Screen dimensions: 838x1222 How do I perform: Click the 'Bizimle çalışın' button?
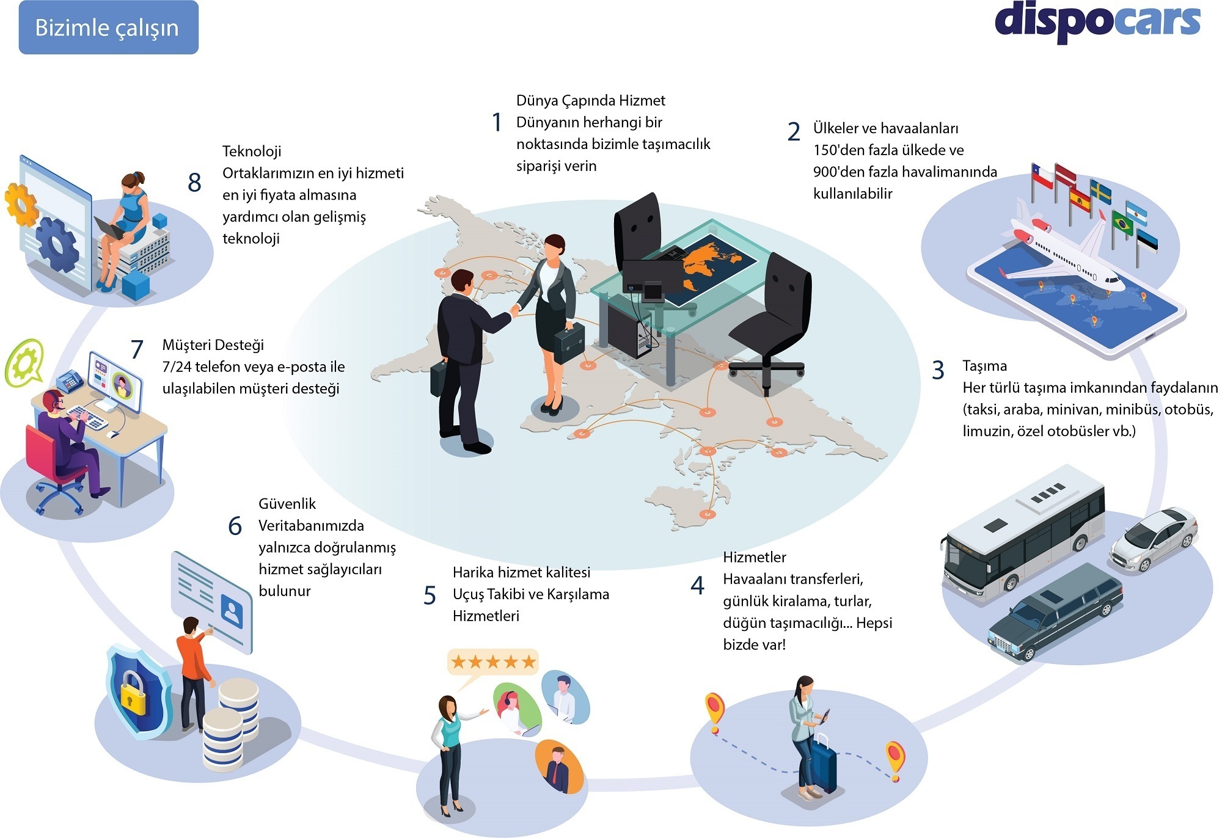click(108, 27)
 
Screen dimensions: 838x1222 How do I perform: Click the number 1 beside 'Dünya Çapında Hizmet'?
click(497, 122)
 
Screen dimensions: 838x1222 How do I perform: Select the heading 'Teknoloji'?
click(252, 151)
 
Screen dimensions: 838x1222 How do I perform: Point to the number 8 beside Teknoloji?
click(194, 183)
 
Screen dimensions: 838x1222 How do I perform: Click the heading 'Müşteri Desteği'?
click(213, 345)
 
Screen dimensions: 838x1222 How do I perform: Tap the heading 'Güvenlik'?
click(287, 504)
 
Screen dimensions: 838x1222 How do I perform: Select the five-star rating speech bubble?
click(492, 661)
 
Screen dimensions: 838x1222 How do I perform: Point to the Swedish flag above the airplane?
click(1100, 192)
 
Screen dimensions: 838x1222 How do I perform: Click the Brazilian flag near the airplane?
click(1122, 223)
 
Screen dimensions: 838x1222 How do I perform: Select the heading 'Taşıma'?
click(984, 366)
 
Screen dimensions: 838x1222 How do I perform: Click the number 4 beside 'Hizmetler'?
click(697, 586)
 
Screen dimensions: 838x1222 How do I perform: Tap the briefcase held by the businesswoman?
click(569, 343)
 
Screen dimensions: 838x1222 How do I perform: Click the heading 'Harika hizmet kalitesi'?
click(521, 572)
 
